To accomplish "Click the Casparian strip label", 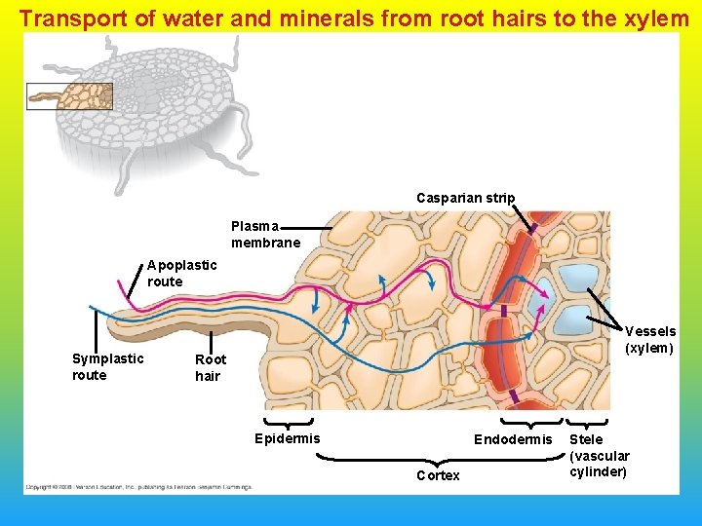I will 465,199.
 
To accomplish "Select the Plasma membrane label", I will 265,235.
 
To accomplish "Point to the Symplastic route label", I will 107,366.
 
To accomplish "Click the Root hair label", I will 211,367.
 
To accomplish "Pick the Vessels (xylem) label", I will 649,340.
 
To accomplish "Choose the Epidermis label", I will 287,438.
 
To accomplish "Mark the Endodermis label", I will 513,440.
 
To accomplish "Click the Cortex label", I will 438,475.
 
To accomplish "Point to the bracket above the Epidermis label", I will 288,424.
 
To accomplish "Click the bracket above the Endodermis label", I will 531,423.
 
